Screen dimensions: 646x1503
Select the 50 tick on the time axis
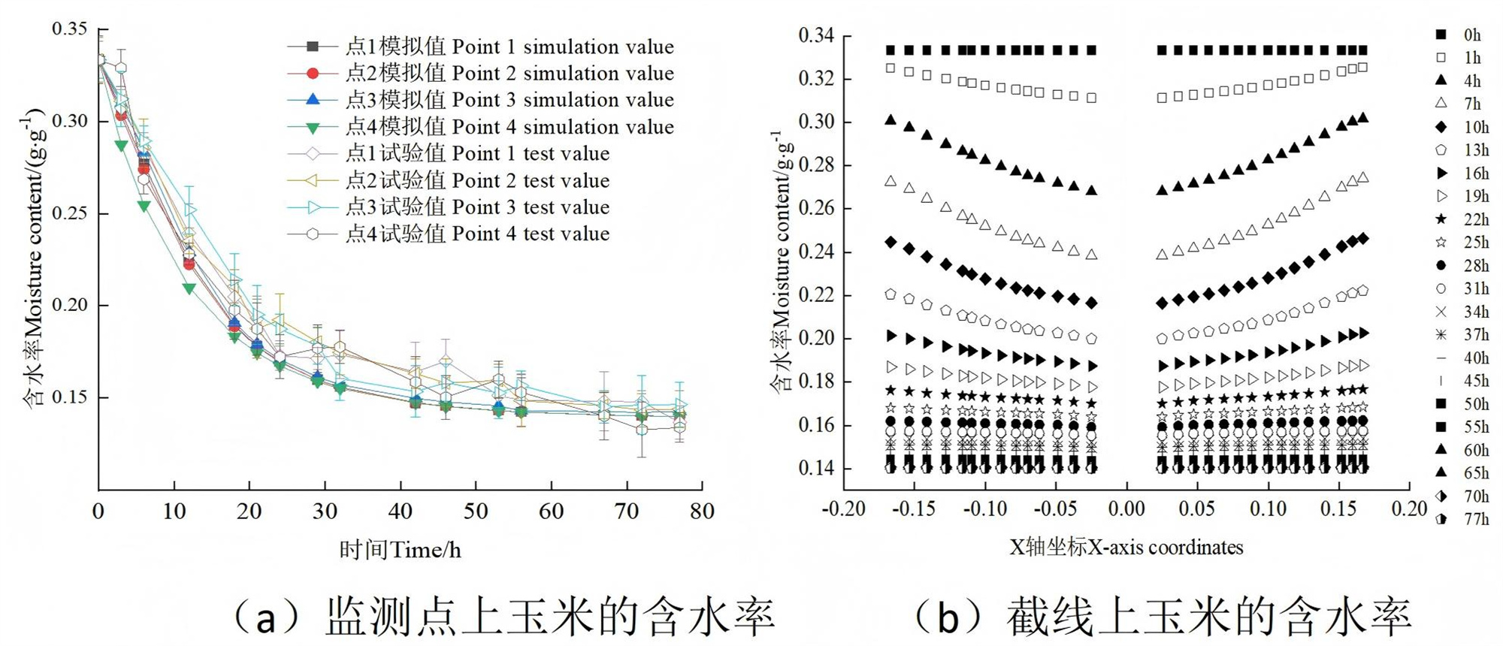pyautogui.click(x=476, y=512)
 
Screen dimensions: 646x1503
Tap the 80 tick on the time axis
pyautogui.click(x=702, y=512)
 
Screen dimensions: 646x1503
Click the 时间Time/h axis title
pyautogui.click(x=400, y=551)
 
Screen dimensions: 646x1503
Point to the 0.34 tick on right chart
pyautogui.click(x=816, y=36)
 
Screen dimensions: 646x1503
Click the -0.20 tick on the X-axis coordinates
pyautogui.click(x=842, y=509)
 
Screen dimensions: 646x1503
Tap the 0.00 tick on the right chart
pyautogui.click(x=1126, y=509)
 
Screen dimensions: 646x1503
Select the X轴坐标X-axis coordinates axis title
pyautogui.click(x=1126, y=548)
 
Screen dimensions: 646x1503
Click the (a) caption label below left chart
pyautogui.click(x=504, y=617)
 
